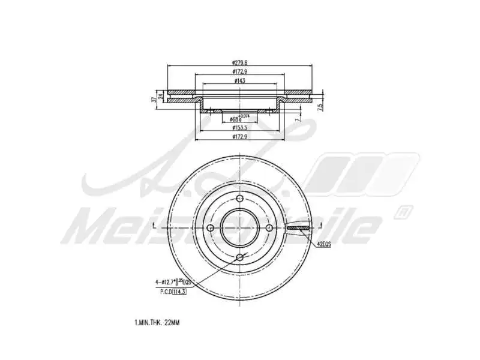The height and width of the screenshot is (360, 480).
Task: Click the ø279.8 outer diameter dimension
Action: coord(240,62)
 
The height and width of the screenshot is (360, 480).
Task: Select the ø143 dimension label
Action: coord(240,80)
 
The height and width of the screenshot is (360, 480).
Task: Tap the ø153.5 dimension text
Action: coord(240,128)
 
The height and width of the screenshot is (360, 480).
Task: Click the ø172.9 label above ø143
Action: coord(240,71)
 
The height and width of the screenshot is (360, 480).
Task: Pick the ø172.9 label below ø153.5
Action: coord(240,137)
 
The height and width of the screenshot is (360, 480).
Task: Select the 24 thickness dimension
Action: coord(161,96)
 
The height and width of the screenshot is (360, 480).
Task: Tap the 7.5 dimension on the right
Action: coord(320,106)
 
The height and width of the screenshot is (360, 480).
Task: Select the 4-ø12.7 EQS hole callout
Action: coord(173,281)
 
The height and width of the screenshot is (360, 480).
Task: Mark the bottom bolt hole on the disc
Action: coord(240,256)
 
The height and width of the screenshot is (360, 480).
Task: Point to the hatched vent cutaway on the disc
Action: coord(298,228)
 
